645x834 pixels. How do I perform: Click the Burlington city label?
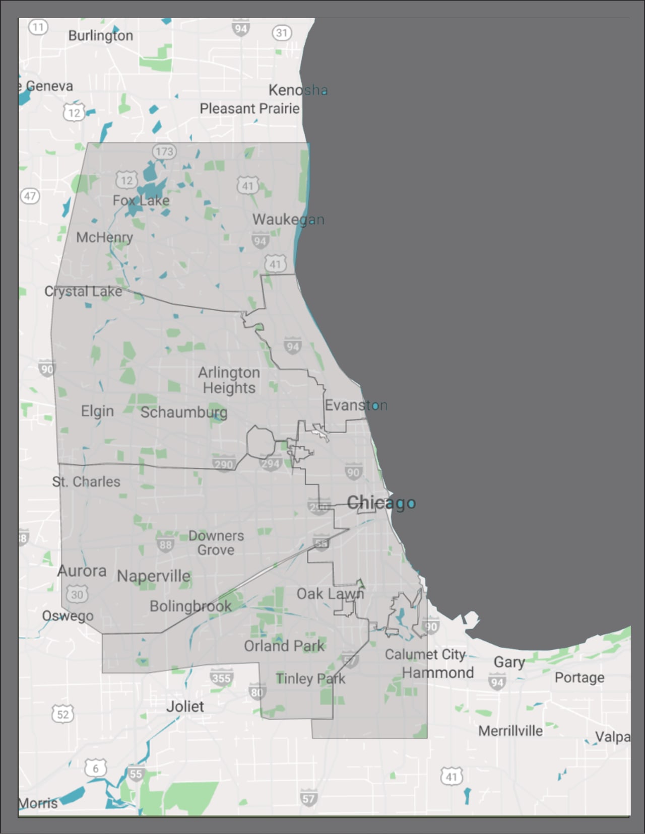(x=100, y=36)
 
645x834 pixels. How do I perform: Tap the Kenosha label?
(x=298, y=90)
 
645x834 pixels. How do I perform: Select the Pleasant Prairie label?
(x=249, y=108)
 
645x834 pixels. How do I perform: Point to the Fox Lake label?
(x=141, y=200)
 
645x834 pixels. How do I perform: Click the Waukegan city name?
(x=288, y=220)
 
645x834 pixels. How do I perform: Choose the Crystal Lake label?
(x=83, y=291)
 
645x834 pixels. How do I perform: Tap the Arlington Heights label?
(x=229, y=380)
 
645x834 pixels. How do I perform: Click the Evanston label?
(x=356, y=405)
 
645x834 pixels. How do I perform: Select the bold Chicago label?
(x=381, y=502)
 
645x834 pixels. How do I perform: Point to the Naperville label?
(x=154, y=576)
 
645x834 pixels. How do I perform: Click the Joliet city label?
(x=185, y=706)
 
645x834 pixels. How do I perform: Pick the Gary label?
(x=509, y=661)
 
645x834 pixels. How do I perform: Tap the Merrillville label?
(x=510, y=731)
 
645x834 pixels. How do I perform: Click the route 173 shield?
(x=164, y=151)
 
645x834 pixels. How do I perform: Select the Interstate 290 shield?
(x=224, y=464)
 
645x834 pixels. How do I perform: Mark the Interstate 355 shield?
(x=221, y=678)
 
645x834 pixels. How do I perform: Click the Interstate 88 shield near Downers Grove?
(x=165, y=544)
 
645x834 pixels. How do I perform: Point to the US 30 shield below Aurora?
(x=77, y=594)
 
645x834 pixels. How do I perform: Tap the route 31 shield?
(x=282, y=33)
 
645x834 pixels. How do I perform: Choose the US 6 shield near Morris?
(x=96, y=768)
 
